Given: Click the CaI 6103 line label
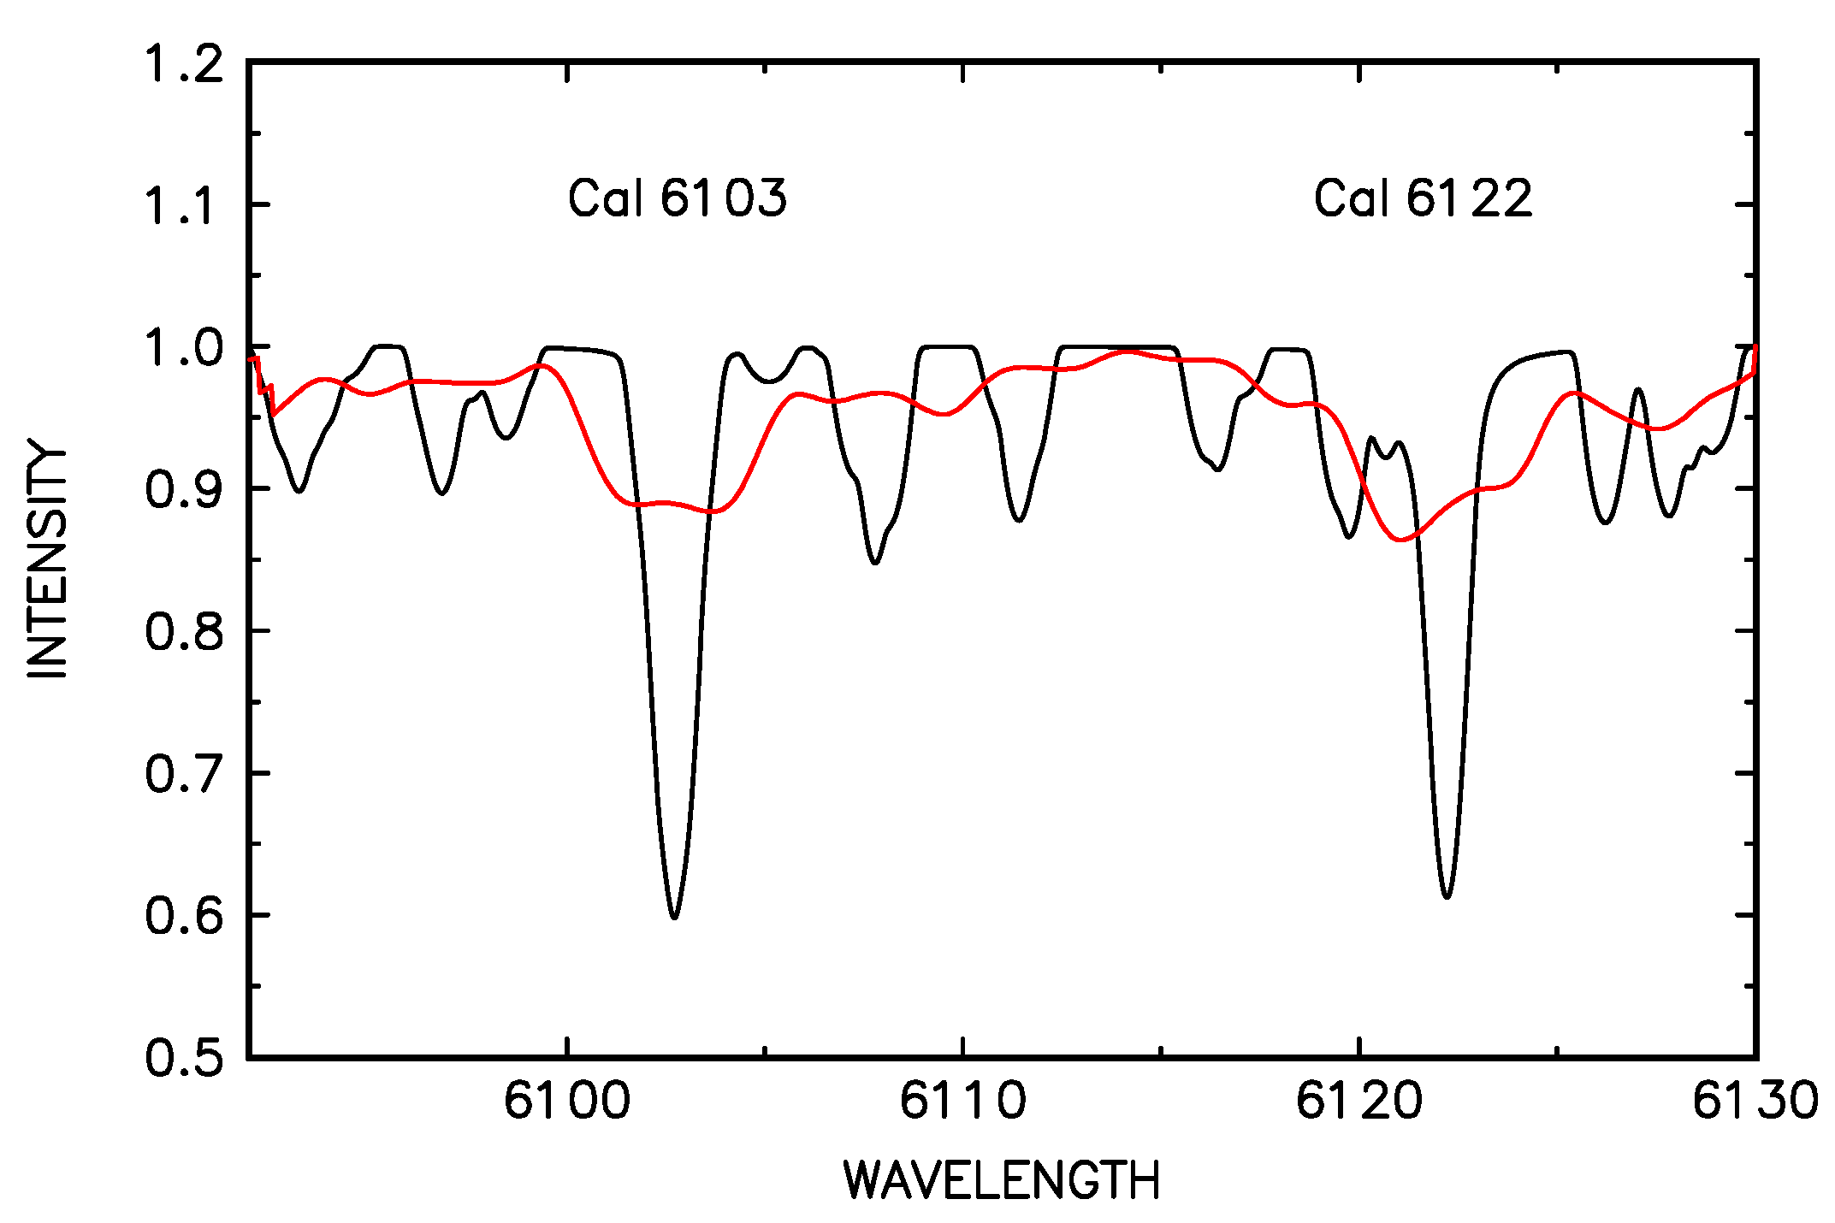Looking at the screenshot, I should click(677, 198).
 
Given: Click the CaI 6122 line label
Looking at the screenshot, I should click(1423, 198).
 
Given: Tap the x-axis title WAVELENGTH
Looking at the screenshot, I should click(1002, 1181).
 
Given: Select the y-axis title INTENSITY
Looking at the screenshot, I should click(48, 559).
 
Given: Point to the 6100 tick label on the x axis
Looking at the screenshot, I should click(567, 1101).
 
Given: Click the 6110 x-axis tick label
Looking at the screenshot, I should click(963, 1101).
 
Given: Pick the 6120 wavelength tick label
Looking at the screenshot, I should click(1359, 1101).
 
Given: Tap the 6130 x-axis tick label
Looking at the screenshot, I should click(1755, 1101).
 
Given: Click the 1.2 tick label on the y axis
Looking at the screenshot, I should click(184, 64).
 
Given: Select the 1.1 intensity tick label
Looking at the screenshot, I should click(184, 206).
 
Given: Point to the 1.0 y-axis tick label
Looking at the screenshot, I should click(184, 348).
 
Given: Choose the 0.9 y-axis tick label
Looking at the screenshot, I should click(184, 490).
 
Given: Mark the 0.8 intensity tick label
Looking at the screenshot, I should click(184, 632).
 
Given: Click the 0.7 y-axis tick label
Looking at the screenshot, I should click(184, 774).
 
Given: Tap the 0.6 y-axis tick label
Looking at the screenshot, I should click(184, 916).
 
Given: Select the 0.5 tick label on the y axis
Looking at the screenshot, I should click(184, 1058).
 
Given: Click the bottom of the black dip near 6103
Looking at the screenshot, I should click(674, 917).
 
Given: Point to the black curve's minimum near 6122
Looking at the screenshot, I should click(1447, 896).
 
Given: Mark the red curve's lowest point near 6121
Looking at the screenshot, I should click(1400, 540).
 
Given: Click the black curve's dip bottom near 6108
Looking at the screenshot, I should click(875, 563).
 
